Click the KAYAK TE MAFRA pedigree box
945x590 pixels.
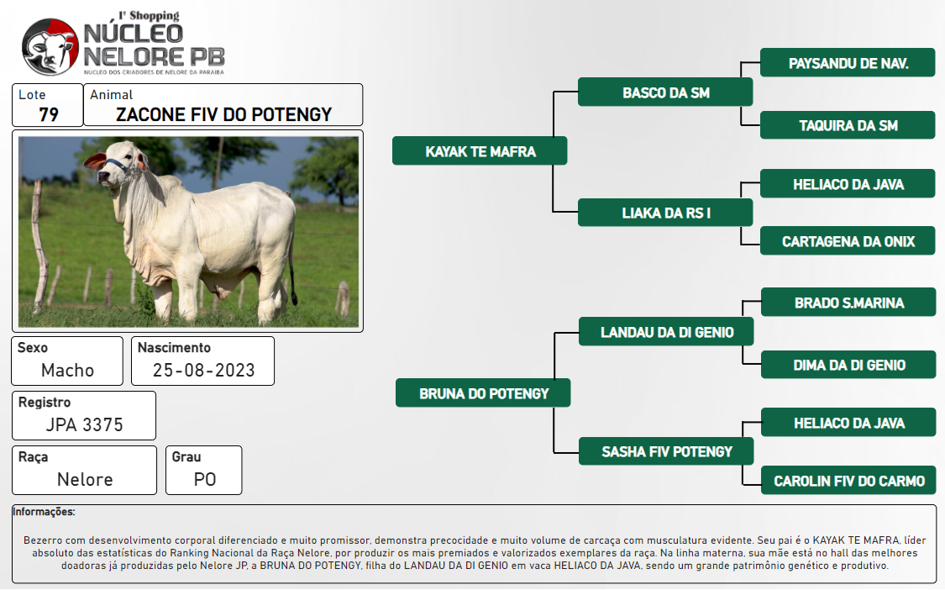click(x=480, y=150)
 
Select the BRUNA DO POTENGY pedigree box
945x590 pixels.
click(x=483, y=393)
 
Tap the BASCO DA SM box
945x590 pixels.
click(x=665, y=92)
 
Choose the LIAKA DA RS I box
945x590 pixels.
click(x=665, y=213)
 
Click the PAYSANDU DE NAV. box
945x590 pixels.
click(x=848, y=63)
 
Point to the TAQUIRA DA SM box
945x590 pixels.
click(x=848, y=125)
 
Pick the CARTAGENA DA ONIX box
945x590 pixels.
click(x=848, y=241)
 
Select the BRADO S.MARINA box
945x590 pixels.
click(x=848, y=303)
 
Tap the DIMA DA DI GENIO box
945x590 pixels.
click(x=848, y=365)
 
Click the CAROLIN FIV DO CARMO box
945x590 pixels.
click(x=848, y=480)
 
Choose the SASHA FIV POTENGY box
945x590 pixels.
click(x=666, y=451)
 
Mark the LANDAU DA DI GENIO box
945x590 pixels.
click(x=666, y=332)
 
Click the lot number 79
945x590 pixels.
click(x=49, y=114)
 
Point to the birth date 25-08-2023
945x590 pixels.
click(x=204, y=370)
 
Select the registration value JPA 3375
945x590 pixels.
click(x=84, y=424)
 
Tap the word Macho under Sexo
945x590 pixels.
click(x=67, y=370)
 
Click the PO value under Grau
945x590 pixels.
click(x=205, y=479)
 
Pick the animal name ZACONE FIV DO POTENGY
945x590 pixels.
click(x=223, y=114)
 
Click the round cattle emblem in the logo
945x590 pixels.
click(x=50, y=47)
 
